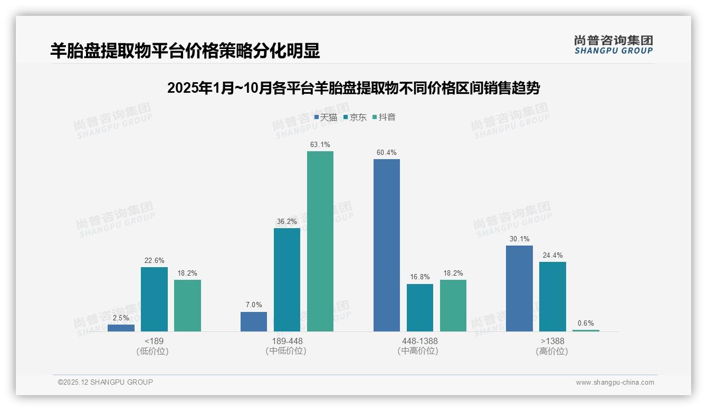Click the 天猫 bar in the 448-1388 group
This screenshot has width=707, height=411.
coord(386,245)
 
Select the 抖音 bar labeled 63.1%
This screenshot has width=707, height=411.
coord(320,241)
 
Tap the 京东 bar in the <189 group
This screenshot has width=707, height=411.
coord(154,299)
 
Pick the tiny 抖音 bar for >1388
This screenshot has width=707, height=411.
coord(586,330)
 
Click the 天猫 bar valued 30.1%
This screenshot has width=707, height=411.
coord(519,288)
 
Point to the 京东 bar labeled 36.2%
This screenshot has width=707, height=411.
coord(287,280)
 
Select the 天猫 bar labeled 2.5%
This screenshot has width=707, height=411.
coord(121,328)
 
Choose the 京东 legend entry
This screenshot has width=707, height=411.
coord(355,118)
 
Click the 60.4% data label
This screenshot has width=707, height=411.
coord(387,153)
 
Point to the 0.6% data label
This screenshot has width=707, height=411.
coord(586,324)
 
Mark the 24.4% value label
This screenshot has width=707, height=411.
coord(552,256)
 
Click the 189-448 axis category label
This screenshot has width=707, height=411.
coord(287,341)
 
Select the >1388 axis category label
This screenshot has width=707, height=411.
coord(552,341)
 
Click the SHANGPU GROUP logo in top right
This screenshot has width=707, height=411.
coord(614,45)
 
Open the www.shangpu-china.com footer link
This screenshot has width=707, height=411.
coord(615,383)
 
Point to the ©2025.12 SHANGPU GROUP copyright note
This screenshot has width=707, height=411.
coord(106,383)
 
